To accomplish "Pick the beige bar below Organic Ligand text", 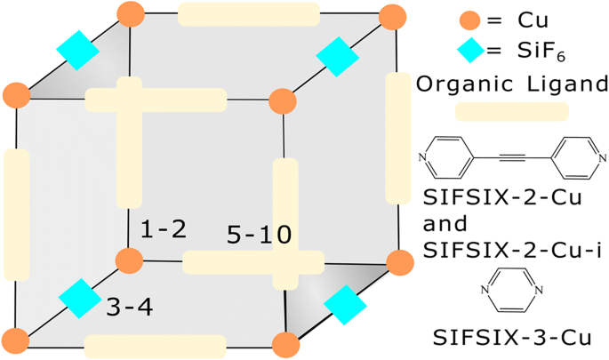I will tap(511, 111).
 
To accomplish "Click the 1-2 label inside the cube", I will tap(163, 229).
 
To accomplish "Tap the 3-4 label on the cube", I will tap(129, 308).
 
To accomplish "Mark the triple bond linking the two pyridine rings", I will tap(511, 159).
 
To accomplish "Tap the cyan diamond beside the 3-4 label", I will tap(80, 299).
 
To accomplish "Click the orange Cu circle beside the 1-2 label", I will tap(130, 260).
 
